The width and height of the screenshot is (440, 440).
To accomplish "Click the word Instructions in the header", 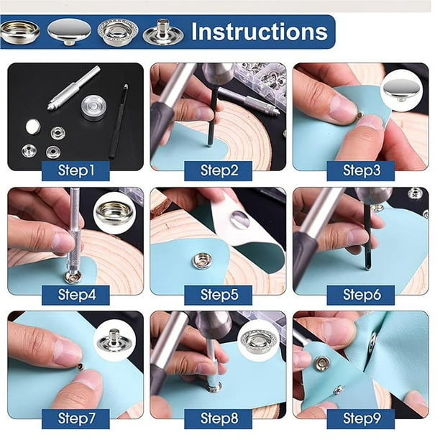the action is click(x=260, y=32).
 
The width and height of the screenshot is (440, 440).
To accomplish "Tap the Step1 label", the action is click(x=75, y=170).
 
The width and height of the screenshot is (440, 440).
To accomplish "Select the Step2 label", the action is click(x=219, y=170).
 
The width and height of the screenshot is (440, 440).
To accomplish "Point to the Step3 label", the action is click(x=361, y=170).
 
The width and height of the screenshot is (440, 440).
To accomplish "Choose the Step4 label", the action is click(x=75, y=295).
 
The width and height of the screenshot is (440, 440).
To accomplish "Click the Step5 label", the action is click(x=219, y=295).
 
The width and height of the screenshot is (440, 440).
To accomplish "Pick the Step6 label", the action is click(x=361, y=295).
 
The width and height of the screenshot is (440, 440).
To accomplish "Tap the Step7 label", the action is click(x=75, y=418).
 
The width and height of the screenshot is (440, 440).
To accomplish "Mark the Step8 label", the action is click(x=219, y=418).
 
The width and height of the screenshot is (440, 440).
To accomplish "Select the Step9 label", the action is click(x=361, y=418).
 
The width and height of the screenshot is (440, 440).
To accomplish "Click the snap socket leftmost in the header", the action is click(x=19, y=32).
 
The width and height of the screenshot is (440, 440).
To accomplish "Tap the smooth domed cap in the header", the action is click(x=69, y=32).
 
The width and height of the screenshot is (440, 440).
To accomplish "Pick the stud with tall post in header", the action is click(x=163, y=32).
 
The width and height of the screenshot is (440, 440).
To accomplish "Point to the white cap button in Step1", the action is click(x=33, y=127).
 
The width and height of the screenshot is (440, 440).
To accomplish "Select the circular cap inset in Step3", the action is click(x=402, y=89).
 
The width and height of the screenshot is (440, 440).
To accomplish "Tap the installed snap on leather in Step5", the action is click(x=202, y=261).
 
